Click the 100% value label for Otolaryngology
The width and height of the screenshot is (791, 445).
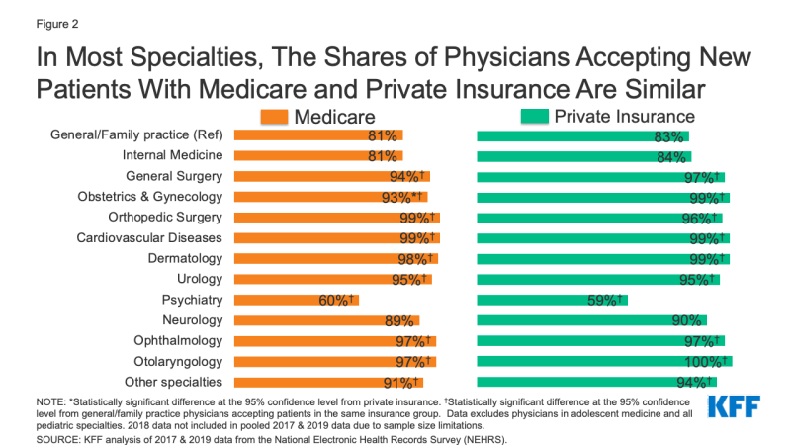click(709, 361)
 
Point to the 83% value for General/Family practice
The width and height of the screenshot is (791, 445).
click(669, 135)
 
